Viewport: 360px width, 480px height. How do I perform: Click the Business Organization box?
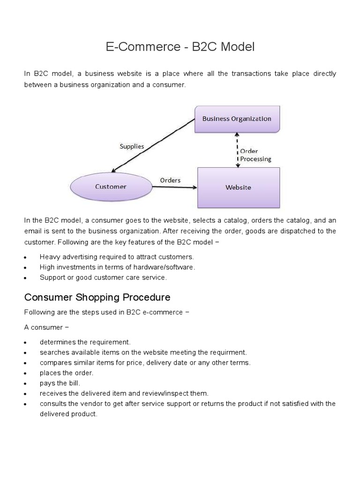point(237,119)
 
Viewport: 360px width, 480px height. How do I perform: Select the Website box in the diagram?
point(238,187)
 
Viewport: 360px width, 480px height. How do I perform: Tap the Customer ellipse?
point(111,187)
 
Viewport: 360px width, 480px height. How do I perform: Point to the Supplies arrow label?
point(132,146)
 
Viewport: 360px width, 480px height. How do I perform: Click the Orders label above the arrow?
point(170,180)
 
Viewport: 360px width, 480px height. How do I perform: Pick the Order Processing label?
point(255,155)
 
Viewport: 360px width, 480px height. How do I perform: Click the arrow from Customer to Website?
point(174,187)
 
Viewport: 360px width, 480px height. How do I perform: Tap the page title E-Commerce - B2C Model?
point(180,47)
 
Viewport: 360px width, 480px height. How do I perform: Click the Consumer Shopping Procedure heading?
point(97,297)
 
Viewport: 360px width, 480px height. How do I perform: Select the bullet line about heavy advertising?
point(117,257)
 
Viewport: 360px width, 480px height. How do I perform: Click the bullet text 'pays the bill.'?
point(60,383)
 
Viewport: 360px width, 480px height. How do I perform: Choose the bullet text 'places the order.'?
point(67,373)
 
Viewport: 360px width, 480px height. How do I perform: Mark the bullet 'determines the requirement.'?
point(85,342)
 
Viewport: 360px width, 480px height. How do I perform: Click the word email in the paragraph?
point(33,231)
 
